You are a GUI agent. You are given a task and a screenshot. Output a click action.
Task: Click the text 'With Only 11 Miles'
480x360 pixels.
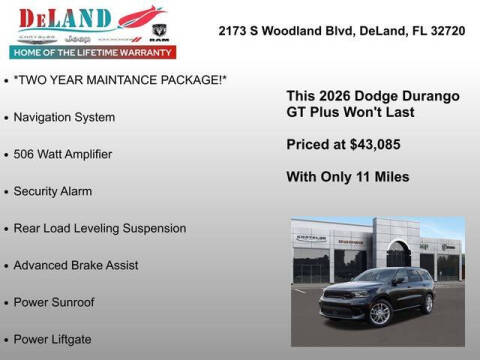(x=347, y=177)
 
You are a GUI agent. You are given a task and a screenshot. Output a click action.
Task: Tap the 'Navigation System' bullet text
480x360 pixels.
(x=64, y=117)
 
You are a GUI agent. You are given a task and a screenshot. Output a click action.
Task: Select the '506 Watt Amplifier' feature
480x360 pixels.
(x=63, y=154)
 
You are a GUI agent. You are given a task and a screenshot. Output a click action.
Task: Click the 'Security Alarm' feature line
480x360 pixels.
(x=54, y=191)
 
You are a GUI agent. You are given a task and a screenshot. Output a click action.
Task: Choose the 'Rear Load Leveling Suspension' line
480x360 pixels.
(x=100, y=228)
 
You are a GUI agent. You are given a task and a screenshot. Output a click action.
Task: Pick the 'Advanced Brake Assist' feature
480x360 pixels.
(x=76, y=265)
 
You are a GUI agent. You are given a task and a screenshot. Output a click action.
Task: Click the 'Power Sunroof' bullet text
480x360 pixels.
(x=54, y=301)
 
